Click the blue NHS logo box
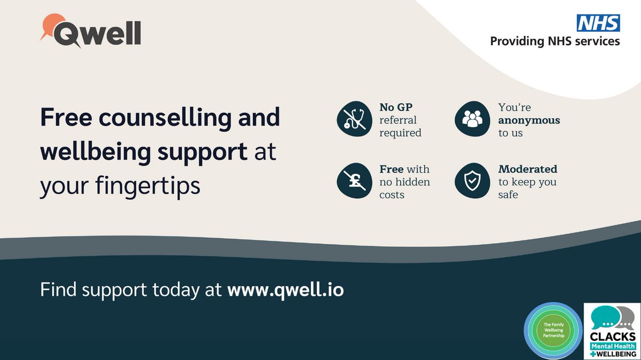point(598,23)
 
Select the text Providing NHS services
point(555,41)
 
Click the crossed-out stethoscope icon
point(354,119)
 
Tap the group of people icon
point(472,119)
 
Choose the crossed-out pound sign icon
point(354,182)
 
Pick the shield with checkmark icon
point(472,182)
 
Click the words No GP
point(396,107)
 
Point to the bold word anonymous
point(529,120)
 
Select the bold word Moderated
point(528,169)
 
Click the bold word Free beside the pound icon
point(392,169)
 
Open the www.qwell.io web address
point(285,290)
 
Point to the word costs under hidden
point(392,195)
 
